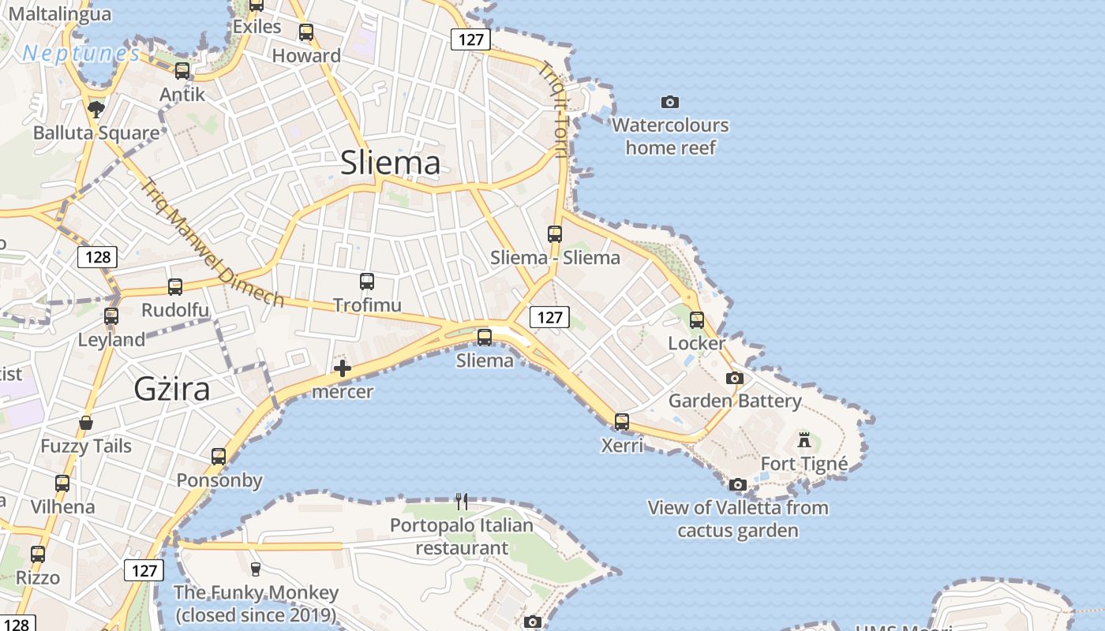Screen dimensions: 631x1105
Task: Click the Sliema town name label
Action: [x=390, y=162]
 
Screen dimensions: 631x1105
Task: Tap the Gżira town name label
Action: [x=172, y=389]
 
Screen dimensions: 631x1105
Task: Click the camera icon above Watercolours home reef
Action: [x=669, y=102]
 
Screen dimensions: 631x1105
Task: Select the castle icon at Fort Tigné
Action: [x=804, y=439]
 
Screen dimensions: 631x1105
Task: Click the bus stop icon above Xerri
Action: [x=622, y=421]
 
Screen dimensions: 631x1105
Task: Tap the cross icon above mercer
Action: [x=343, y=368]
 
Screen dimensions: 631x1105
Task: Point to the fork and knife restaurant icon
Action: [x=462, y=501]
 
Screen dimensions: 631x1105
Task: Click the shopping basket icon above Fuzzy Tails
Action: [x=86, y=423]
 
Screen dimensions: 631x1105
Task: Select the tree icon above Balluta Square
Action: [x=96, y=109]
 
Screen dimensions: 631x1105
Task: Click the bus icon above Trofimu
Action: [x=367, y=281]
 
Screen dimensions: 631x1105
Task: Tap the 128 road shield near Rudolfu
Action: [x=98, y=256]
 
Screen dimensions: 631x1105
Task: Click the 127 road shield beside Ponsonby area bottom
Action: [x=144, y=569]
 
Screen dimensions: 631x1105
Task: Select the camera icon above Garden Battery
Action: [x=735, y=378]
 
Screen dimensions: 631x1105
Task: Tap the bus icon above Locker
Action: [x=696, y=319]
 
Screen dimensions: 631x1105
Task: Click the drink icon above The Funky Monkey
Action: [x=255, y=569]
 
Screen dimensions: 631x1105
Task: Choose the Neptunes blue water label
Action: [x=81, y=54]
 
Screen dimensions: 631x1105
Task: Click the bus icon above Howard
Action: [x=306, y=32]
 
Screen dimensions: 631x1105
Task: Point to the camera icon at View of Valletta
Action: [x=738, y=484]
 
